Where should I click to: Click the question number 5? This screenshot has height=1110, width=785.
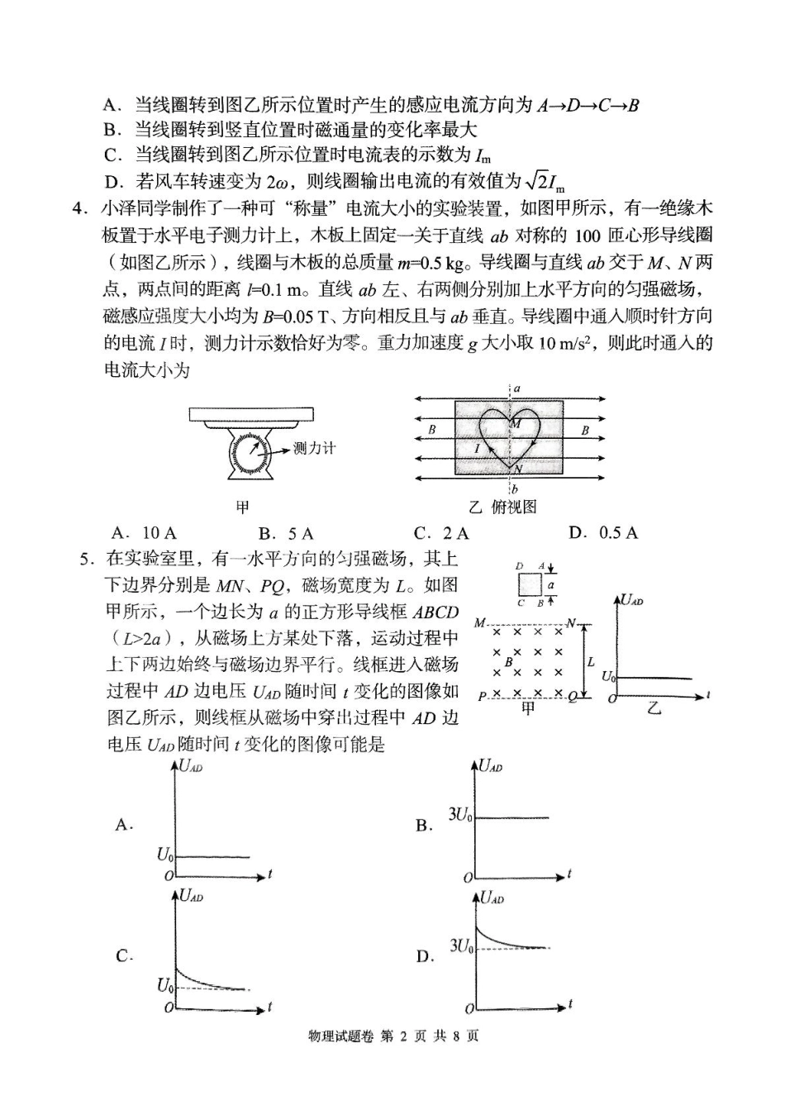pyautogui.click(x=84, y=560)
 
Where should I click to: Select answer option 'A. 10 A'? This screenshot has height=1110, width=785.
pyautogui.click(x=144, y=533)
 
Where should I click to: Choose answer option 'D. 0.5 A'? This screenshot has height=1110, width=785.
pyautogui.click(x=603, y=532)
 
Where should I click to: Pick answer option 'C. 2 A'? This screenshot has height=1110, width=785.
pyautogui.click(x=442, y=533)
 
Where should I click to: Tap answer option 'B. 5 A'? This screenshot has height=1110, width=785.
pyautogui.click(x=286, y=533)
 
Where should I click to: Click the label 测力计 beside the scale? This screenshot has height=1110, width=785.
pyautogui.click(x=315, y=449)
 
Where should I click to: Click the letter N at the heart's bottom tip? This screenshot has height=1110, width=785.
pyautogui.click(x=517, y=469)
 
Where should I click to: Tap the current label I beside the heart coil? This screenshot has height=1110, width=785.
pyautogui.click(x=477, y=449)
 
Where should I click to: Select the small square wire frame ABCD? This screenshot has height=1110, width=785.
pyautogui.click(x=530, y=584)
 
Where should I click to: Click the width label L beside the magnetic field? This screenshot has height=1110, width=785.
pyautogui.click(x=591, y=662)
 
